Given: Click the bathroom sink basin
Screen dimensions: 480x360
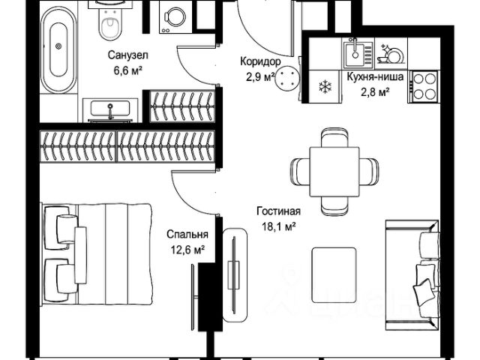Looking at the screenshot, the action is pyautogui.click(x=110, y=109).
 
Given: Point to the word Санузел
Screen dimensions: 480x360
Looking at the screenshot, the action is pyautogui.click(x=128, y=55).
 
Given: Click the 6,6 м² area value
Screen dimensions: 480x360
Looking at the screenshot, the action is pyautogui.click(x=128, y=70).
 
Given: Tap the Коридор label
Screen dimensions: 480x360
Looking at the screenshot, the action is pyautogui.click(x=260, y=61).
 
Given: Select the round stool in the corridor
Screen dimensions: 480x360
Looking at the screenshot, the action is pyautogui.click(x=286, y=78).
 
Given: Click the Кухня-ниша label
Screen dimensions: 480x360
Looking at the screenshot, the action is pyautogui.click(x=375, y=76).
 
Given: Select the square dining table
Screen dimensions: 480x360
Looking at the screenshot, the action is pyautogui.click(x=334, y=172).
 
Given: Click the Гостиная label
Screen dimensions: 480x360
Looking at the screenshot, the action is pyautogui.click(x=278, y=211).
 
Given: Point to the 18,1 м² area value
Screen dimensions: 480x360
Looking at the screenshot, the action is pyautogui.click(x=278, y=226).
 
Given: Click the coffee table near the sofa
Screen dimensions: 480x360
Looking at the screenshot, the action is pyautogui.click(x=334, y=275).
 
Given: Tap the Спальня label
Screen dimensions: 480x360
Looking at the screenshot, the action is pyautogui.click(x=187, y=235).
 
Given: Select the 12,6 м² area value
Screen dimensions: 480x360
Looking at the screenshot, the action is pyautogui.click(x=187, y=250).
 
